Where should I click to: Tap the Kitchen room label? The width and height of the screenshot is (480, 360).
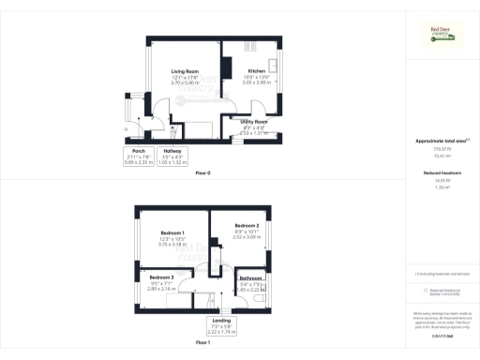(x=257, y=70)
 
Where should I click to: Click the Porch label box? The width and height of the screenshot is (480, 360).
(x=137, y=157)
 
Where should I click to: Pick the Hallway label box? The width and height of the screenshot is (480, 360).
(x=172, y=157)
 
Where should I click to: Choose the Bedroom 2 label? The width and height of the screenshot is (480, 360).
(x=247, y=225)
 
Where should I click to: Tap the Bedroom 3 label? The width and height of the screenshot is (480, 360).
(x=161, y=277)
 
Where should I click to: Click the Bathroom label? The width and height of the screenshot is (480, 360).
(x=249, y=278)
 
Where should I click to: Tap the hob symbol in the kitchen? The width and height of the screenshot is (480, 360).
(x=250, y=47)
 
